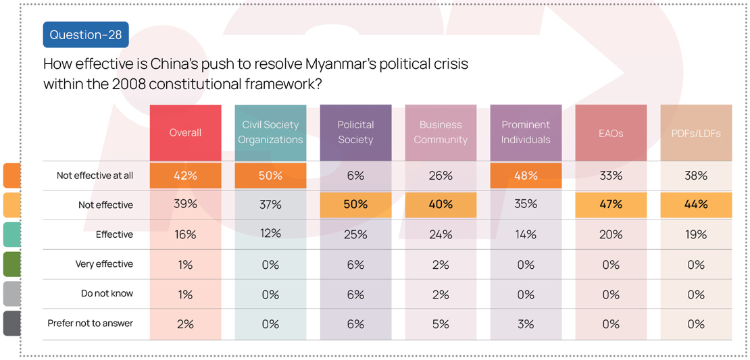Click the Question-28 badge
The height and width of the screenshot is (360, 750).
coord(86,34)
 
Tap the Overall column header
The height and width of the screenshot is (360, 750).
coord(185,132)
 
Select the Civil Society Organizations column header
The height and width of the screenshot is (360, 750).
coord(270,132)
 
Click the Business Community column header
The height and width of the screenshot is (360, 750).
coord(441,132)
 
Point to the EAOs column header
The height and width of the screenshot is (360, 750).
coord(611,132)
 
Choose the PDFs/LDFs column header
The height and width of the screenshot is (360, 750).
coord(696,132)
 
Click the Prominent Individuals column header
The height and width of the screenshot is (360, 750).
coord(526,132)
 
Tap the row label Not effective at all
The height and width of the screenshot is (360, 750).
coord(95,176)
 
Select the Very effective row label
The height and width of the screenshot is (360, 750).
coord(104,264)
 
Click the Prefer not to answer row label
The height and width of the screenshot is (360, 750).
coord(90,324)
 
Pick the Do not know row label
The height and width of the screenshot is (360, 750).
coord(107,294)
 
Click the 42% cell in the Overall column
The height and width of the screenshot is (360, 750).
coord(185,176)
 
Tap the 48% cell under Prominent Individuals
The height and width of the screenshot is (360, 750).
coord(526,176)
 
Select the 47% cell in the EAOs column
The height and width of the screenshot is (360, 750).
coord(611,205)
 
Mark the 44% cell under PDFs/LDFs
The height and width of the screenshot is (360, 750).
coord(696,205)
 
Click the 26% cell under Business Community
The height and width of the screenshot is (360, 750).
coord(441,176)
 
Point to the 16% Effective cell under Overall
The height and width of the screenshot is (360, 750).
coord(185,234)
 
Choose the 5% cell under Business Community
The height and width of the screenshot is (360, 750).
coord(441,324)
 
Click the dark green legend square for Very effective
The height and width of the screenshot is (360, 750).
coord(11,264)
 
